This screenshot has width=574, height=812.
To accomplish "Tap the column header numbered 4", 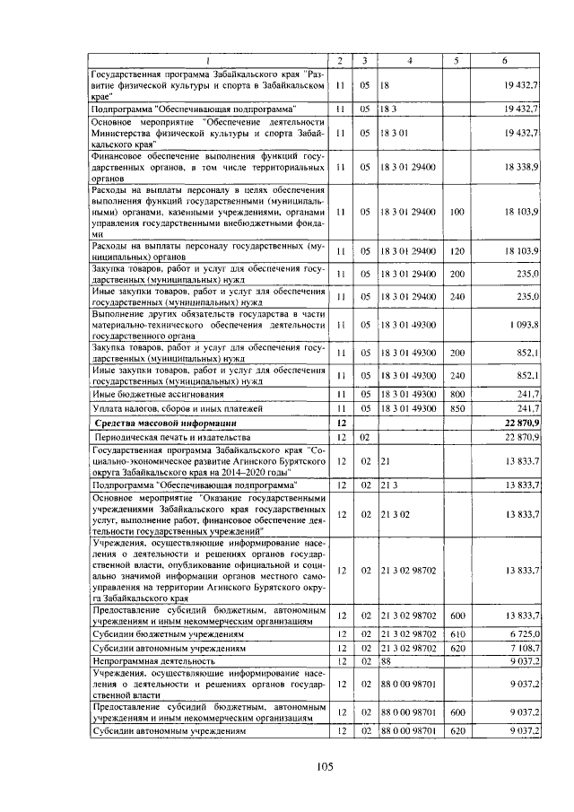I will click(x=408, y=60).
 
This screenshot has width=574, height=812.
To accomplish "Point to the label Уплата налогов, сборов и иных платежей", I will click(x=166, y=408).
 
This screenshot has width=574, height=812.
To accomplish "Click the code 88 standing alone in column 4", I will click(x=387, y=660).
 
